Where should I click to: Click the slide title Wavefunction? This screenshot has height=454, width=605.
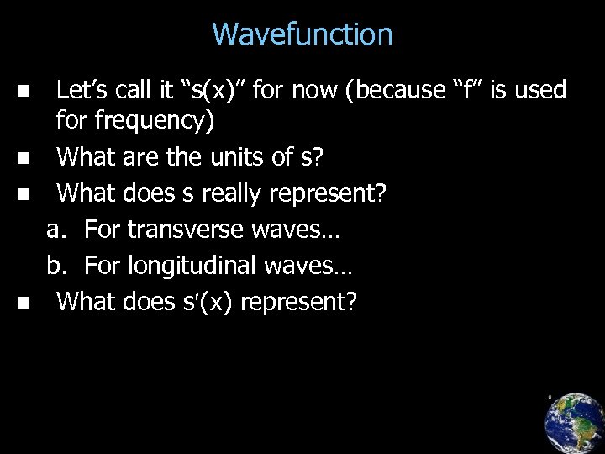[302, 34]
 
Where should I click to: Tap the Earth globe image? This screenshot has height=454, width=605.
[574, 422]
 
